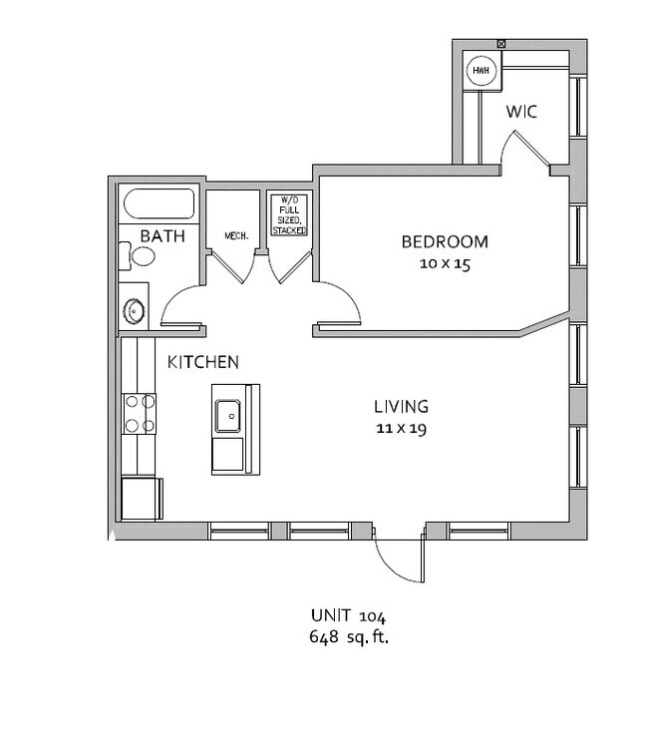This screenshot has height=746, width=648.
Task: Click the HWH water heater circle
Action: click(482, 71)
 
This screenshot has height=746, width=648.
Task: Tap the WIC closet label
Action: click(521, 112)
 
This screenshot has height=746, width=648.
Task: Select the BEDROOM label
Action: click(445, 241)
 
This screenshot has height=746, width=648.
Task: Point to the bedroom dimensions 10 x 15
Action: click(445, 263)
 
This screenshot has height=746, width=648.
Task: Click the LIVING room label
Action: click(401, 407)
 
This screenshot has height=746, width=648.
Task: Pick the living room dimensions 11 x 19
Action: click(401, 429)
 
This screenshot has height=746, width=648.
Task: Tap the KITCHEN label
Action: click(203, 363)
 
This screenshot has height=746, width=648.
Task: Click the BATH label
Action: click(162, 236)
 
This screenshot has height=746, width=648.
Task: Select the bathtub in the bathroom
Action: click(159, 203)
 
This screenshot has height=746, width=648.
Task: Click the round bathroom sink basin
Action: click(134, 311)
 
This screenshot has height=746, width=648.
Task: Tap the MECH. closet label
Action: click(236, 236)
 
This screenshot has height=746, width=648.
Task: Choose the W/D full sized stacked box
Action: click(289, 214)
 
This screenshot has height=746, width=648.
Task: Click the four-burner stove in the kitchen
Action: click(140, 414)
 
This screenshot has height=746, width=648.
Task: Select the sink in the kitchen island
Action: click(228, 416)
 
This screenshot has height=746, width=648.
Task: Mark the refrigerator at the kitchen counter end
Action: click(142, 499)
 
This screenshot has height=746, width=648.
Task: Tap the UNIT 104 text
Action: click(349, 615)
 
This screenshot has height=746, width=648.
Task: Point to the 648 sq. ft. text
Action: click(349, 636)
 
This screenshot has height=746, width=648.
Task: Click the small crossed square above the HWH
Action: click(500, 44)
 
